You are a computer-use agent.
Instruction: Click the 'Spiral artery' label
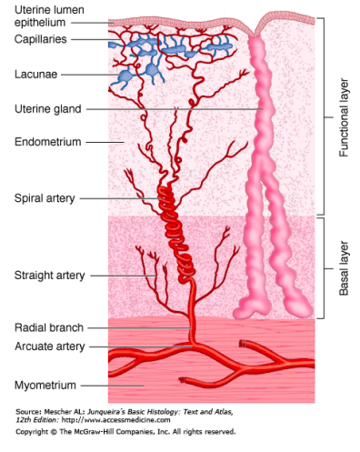click(45, 197)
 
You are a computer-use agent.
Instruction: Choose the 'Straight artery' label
click(50, 275)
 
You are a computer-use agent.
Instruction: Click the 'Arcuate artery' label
click(50, 347)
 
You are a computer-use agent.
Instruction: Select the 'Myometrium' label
click(44, 385)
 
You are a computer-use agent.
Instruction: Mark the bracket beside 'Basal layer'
click(324, 267)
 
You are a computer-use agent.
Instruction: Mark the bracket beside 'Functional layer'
click(324, 118)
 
